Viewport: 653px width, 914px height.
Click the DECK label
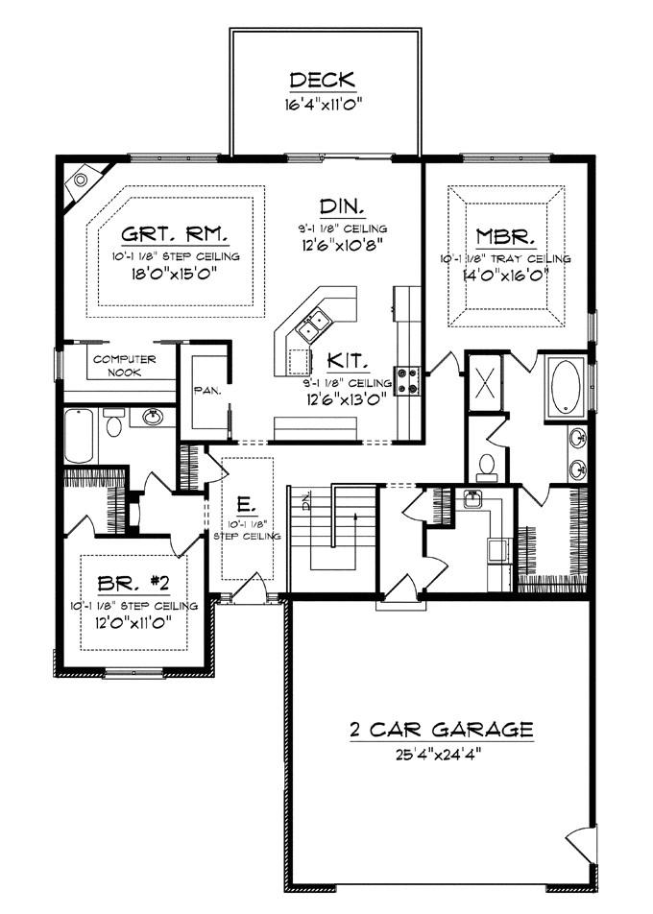323,80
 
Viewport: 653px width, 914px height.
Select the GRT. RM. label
180,236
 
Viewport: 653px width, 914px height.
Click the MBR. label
505,236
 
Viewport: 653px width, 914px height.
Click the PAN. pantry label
206,391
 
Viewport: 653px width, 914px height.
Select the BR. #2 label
134,585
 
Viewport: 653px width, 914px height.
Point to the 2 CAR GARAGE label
441,731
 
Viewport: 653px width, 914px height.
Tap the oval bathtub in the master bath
567,387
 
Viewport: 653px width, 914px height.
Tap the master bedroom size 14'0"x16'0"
505,274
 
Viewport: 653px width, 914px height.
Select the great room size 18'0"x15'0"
180,272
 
